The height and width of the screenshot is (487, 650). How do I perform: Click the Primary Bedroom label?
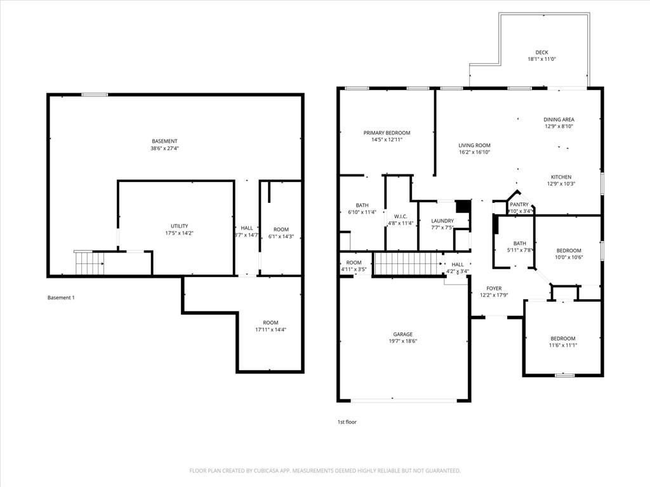(x=387, y=133)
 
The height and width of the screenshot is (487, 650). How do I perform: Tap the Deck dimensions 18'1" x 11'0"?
(x=541, y=59)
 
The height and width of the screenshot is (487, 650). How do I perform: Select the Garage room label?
(x=402, y=334)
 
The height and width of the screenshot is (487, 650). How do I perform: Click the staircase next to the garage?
(x=407, y=263)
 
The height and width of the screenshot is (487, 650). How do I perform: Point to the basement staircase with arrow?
(x=89, y=263)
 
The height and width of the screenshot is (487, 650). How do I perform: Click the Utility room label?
(x=179, y=226)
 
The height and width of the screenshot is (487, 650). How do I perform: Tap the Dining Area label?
(x=559, y=119)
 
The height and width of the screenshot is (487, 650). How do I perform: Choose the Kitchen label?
(x=560, y=177)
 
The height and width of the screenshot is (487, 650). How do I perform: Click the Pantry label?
(x=519, y=204)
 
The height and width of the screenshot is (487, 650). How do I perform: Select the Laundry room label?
(x=442, y=221)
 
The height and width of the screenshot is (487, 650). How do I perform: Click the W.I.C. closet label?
(x=401, y=216)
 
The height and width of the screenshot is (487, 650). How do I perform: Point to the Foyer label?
(x=494, y=289)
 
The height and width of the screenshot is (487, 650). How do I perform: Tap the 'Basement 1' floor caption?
(x=61, y=297)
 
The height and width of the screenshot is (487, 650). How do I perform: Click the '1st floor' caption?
(x=347, y=422)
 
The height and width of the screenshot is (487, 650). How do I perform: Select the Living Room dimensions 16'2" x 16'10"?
(x=474, y=152)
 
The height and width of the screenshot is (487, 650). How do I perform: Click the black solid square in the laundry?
(x=463, y=207)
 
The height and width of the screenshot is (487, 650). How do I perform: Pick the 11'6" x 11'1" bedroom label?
(x=562, y=338)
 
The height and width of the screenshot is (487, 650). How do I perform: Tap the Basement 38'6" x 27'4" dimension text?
(x=164, y=148)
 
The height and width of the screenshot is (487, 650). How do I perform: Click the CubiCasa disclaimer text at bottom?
(x=324, y=471)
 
